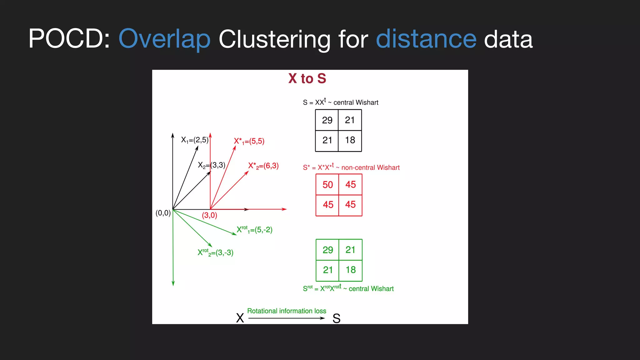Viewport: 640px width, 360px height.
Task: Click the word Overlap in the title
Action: pos(164,39)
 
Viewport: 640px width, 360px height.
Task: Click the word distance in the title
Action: pos(426,39)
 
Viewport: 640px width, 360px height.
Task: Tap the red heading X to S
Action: pos(307,78)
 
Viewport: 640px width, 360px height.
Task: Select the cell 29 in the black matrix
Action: pos(327,120)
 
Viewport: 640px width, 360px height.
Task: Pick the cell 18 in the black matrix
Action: pos(350,140)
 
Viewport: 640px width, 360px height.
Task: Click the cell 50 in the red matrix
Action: pos(327,185)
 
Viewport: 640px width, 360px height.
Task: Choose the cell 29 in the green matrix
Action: pos(327,250)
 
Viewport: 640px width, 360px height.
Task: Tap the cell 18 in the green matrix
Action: pos(351,270)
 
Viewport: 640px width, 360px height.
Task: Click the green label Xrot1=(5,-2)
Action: pos(254,230)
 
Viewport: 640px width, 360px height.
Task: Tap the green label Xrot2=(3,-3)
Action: pos(215,252)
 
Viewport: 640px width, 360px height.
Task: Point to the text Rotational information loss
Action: pos(287,311)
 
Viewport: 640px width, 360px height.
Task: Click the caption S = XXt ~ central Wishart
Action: pos(340,102)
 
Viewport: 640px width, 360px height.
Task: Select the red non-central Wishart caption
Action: pos(351,167)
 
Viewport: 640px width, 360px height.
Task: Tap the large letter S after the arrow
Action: pos(336,318)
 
